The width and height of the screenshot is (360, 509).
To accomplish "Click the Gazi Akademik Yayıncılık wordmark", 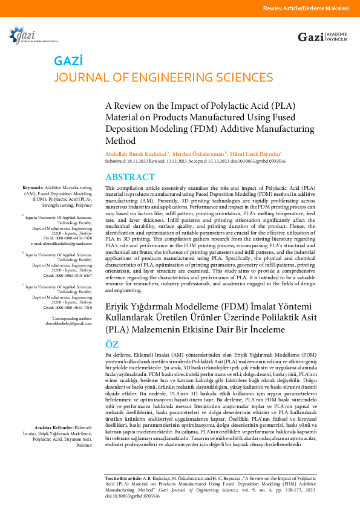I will tap(322, 37).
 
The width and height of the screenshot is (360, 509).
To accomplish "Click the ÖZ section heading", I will tap(113, 343).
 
